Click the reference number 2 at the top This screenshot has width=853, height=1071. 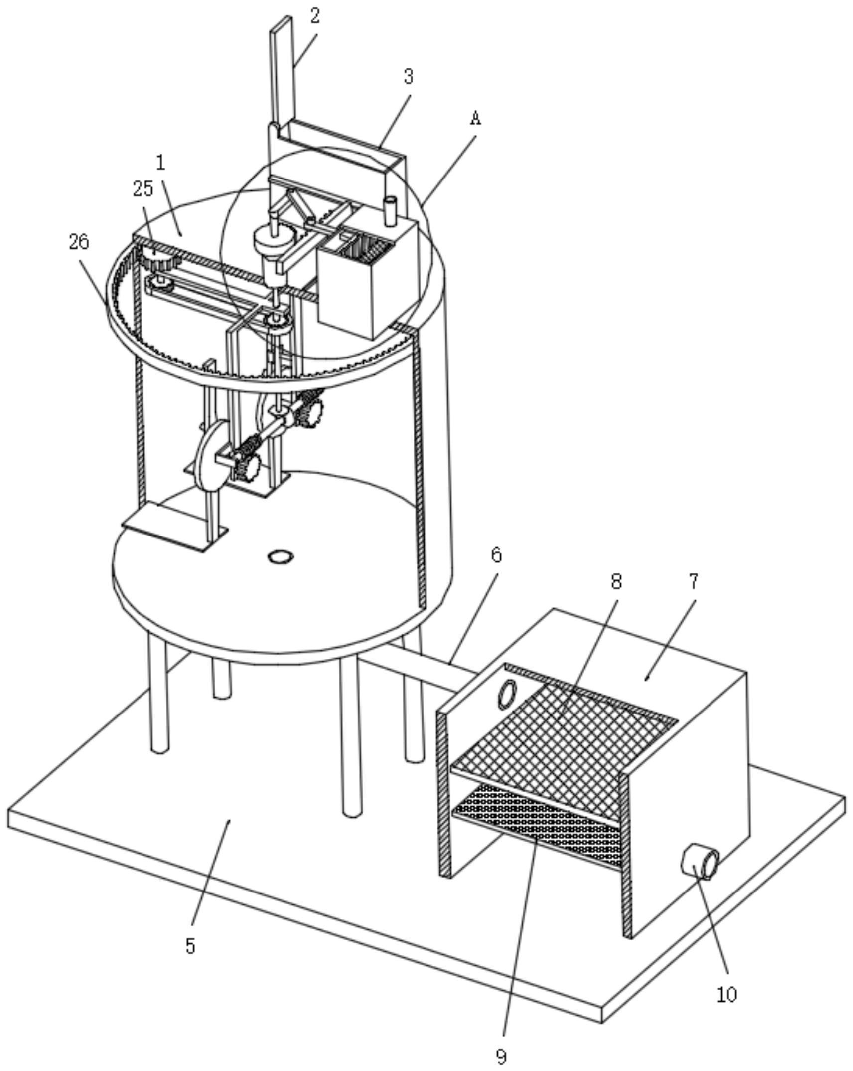tap(314, 16)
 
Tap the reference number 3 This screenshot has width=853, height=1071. tap(409, 76)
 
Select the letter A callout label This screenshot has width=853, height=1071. tap(476, 118)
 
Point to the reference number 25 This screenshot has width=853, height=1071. tap(143, 188)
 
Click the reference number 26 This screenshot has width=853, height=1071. tap(79, 242)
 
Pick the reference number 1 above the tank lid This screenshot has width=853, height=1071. tap(160, 163)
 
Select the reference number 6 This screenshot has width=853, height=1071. tap(496, 555)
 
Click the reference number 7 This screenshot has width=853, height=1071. tap(694, 581)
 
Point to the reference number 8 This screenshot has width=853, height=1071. tap(617, 581)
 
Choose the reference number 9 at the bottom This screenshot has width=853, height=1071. tap(501, 1056)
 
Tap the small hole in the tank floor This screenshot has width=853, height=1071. tap(281, 556)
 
